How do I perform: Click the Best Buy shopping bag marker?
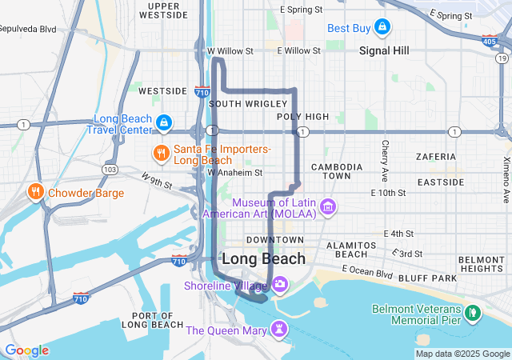coord(382,28)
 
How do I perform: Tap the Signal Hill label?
coord(384,50)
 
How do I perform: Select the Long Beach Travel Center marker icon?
coord(163,122)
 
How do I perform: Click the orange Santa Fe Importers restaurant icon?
coord(161,153)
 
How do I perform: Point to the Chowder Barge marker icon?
coord(35,192)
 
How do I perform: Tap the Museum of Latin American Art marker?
coord(327,208)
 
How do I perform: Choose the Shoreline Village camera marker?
coord(280,284)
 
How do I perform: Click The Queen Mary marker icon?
coord(278,329)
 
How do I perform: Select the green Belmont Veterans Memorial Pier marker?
coord(474,310)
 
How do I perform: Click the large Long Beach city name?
coord(263,258)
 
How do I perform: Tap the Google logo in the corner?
coord(26,350)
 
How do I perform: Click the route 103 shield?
coord(110,170)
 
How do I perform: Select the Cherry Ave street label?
coord(385,160)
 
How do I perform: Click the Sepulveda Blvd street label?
coord(28,28)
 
